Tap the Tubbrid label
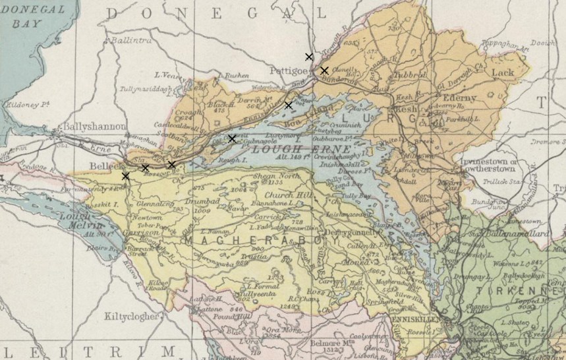410,75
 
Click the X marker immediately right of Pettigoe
324,70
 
